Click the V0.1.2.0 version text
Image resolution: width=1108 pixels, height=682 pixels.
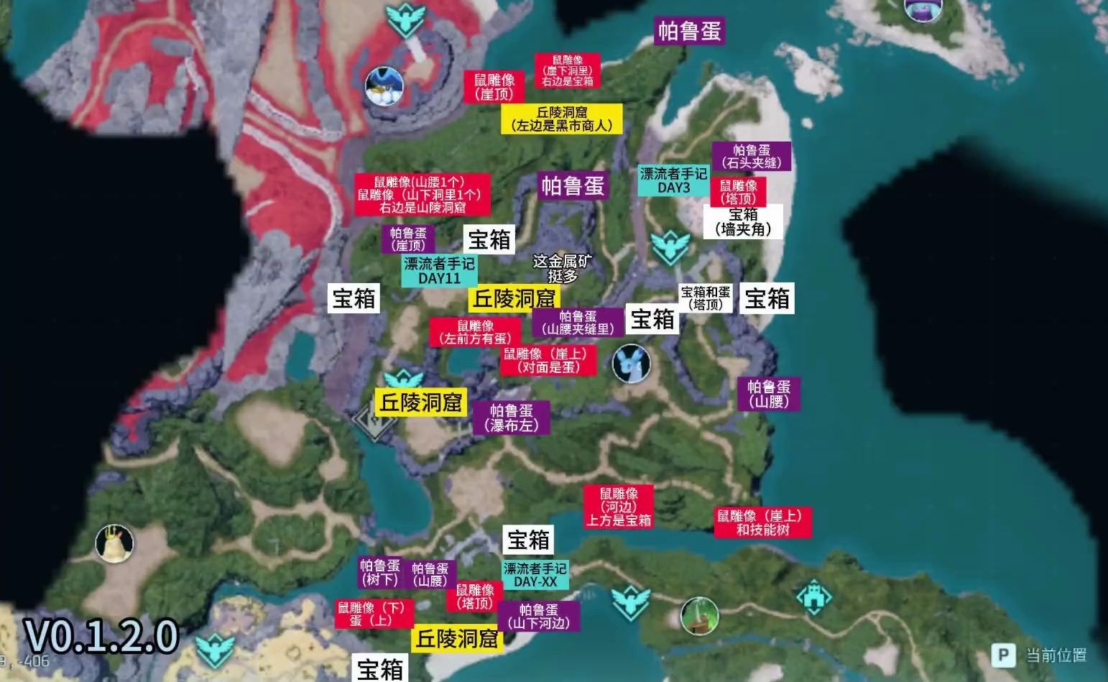tap(101, 635)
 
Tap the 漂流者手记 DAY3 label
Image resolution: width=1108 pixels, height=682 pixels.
tap(673, 180)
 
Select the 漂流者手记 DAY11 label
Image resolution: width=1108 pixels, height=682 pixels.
tap(439, 271)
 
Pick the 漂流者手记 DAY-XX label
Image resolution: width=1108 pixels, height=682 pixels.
tap(535, 575)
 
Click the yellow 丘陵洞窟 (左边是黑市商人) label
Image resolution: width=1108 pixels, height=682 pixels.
tap(562, 119)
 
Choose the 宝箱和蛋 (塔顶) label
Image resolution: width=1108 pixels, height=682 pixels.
tap(706, 298)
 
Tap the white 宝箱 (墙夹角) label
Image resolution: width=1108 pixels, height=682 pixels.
tap(743, 222)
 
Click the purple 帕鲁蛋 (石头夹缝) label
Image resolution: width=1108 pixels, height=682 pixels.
tap(751, 157)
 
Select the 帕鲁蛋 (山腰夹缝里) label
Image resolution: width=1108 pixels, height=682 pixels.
tap(578, 323)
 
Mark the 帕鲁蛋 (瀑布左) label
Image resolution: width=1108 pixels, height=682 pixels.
tap(511, 418)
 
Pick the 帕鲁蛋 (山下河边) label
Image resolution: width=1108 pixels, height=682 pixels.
tap(538, 617)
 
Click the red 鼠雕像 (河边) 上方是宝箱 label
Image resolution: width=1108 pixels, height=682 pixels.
tap(619, 507)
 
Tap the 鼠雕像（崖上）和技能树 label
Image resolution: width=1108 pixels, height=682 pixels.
tap(762, 522)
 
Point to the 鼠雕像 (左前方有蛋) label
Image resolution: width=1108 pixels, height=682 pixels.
tap(475, 332)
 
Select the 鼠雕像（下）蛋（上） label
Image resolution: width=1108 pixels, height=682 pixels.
tap(374, 614)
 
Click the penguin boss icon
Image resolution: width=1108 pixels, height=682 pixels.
tap(384, 87)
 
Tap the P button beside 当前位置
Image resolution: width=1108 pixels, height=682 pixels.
tap(1003, 655)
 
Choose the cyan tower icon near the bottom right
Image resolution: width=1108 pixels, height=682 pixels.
tap(813, 597)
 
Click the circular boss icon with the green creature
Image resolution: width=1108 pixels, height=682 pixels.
tap(699, 616)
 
